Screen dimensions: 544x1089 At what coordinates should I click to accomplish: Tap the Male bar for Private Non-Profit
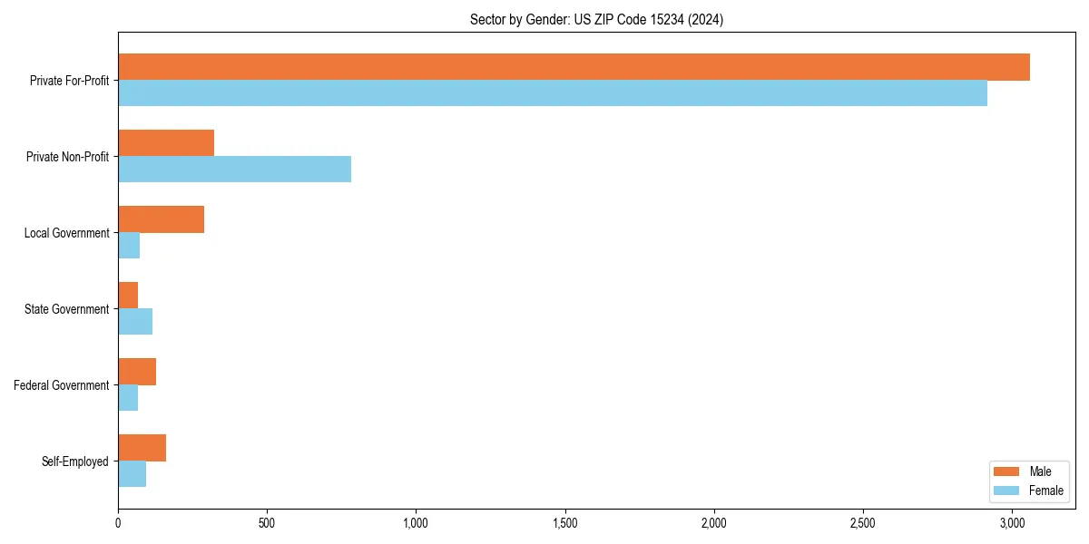point(166,143)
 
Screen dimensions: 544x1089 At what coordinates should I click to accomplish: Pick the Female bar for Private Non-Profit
point(234,170)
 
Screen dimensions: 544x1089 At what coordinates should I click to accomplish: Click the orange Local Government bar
point(161,219)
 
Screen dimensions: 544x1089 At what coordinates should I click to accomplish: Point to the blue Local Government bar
point(129,246)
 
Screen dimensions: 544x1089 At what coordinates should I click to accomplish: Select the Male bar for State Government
point(128,296)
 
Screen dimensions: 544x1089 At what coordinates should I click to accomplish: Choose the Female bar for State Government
point(135,322)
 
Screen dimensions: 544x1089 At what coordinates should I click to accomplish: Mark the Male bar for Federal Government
point(137,372)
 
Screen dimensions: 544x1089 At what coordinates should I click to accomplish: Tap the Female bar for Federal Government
point(128,398)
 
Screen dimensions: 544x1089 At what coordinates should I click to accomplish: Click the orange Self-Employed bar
point(142,448)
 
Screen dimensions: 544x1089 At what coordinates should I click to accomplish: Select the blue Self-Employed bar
point(132,474)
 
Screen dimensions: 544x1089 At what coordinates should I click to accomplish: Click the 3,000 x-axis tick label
point(1012,523)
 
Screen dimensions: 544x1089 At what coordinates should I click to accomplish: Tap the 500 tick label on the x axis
point(267,523)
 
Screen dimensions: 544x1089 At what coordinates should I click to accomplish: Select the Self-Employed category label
point(75,461)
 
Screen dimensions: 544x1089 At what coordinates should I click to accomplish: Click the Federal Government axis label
point(62,385)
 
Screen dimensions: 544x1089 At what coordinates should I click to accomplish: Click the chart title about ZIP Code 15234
point(596,19)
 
